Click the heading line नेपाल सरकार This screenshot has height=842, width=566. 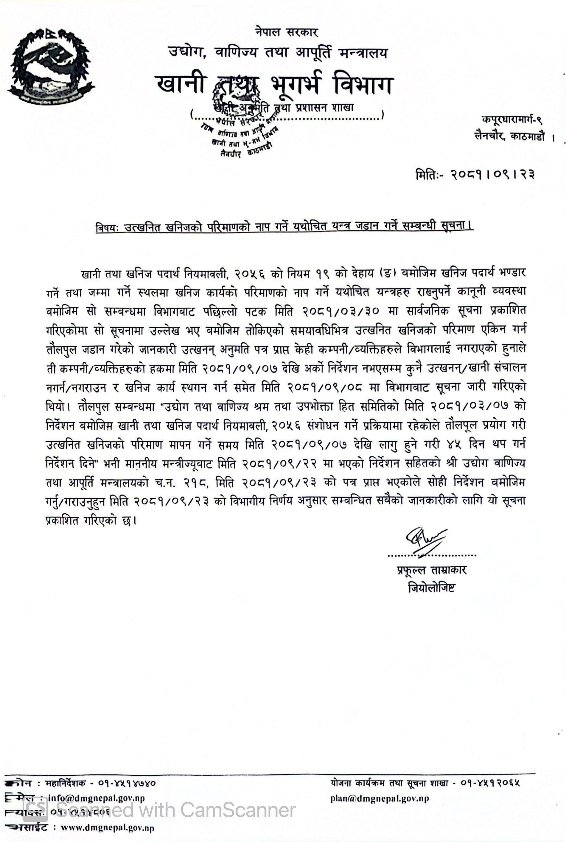pyautogui.click(x=286, y=32)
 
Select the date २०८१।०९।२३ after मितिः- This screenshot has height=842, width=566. pyautogui.click(x=492, y=175)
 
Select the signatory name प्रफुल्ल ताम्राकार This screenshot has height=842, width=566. pyautogui.click(x=431, y=570)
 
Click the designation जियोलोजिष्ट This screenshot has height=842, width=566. pyautogui.click(x=432, y=588)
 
